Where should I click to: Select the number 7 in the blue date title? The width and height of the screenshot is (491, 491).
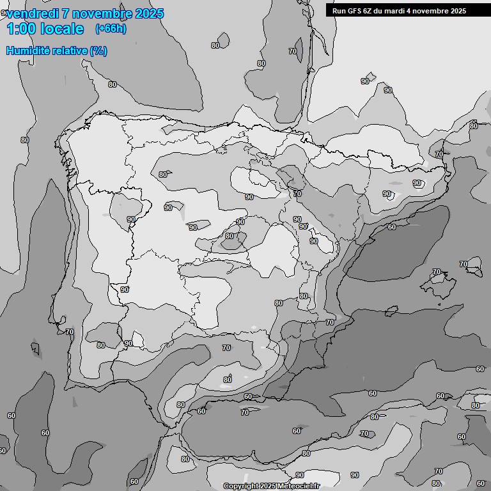67,13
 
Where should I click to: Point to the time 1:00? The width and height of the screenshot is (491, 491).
20,29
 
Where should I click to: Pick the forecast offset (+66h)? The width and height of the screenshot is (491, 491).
111,29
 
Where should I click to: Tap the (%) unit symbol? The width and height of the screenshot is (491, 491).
98,51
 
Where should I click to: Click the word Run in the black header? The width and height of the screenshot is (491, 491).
339,11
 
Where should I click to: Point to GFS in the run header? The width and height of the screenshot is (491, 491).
355,11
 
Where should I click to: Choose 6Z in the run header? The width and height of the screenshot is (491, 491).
370,11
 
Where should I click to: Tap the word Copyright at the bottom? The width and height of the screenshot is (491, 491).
241,486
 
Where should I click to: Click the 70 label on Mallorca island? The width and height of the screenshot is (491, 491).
437,272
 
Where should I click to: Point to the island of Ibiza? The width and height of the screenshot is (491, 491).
392,311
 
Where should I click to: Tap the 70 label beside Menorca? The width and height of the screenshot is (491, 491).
464,264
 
